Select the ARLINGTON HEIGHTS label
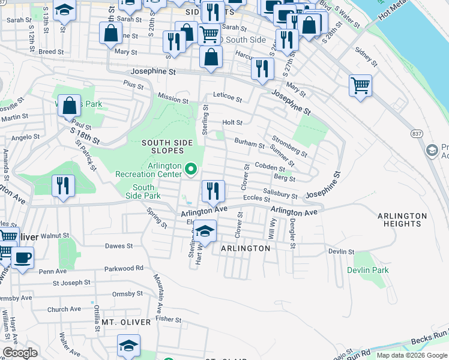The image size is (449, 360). pyautogui.click(x=402, y=220)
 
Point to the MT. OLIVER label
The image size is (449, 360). pyautogui.click(x=125, y=322)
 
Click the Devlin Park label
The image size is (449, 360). pyautogui.click(x=367, y=270)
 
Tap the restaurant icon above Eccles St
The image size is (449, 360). pyautogui.click(x=213, y=191)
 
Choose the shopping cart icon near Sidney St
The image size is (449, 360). pyautogui.click(x=360, y=85)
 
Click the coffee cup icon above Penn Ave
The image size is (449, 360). pyautogui.click(x=23, y=258)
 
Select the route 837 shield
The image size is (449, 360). pyautogui.click(x=415, y=132)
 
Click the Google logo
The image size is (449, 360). pyautogui.click(x=20, y=353)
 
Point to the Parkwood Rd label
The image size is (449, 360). pyautogui.click(x=123, y=268)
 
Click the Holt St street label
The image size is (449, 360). pyautogui.click(x=232, y=122)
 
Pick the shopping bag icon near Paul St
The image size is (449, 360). pyautogui.click(x=70, y=106)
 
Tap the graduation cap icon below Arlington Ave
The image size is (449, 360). pyautogui.click(x=205, y=232)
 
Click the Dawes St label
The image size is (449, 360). pyautogui.click(x=118, y=246)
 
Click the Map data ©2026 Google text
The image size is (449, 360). pyautogui.click(x=411, y=355)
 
